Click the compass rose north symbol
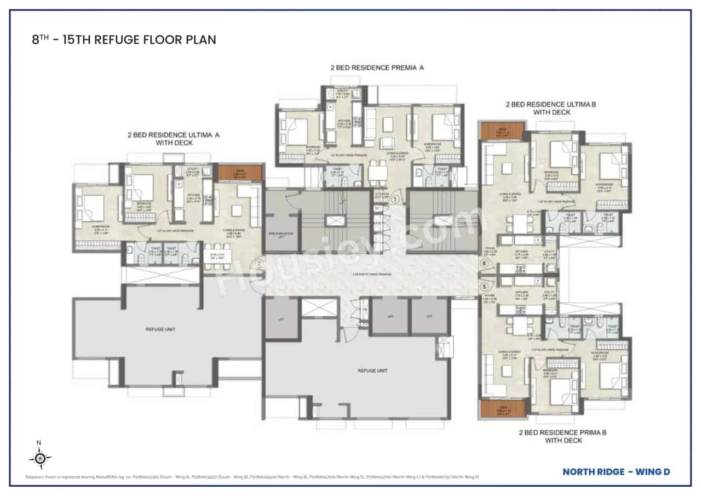(x=40, y=457)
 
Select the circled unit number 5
(x=484, y=286)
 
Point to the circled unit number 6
(x=484, y=263)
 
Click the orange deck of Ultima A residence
(x=240, y=173)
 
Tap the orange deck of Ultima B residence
(x=502, y=131)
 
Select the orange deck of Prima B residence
(x=502, y=409)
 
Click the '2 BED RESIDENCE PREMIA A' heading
(x=377, y=68)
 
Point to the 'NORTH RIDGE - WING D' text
(x=616, y=471)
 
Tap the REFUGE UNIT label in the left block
(x=160, y=329)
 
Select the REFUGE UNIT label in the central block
(x=373, y=370)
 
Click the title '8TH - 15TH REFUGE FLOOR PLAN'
(x=124, y=39)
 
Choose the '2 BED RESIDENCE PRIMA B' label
(x=562, y=432)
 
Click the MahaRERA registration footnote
(x=252, y=477)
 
